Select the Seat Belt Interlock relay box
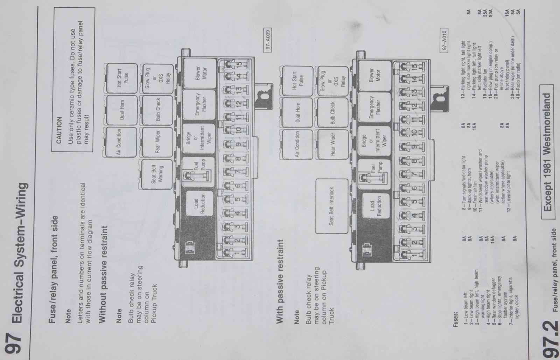(x=332, y=206)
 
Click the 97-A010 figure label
(x=444, y=40)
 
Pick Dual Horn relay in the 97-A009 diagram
(x=122, y=110)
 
